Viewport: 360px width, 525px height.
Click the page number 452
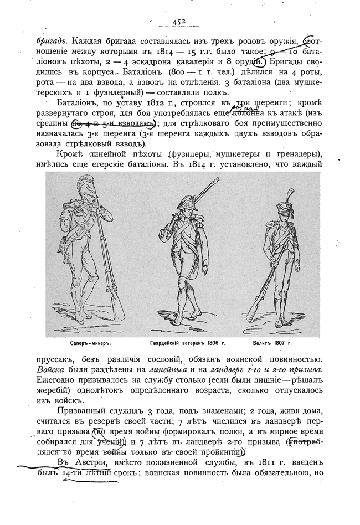pos(178,22)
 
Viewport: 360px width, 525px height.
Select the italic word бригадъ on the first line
pos(52,40)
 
